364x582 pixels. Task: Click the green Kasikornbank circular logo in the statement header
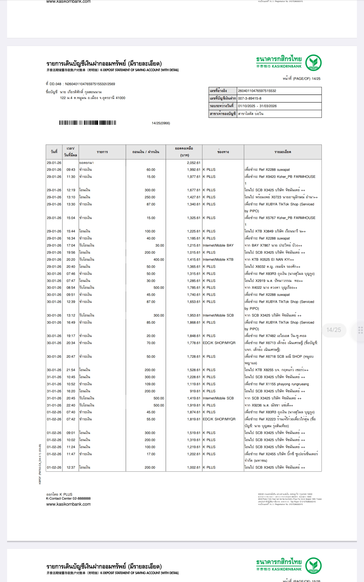[313, 63]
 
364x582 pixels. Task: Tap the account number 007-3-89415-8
[249, 98]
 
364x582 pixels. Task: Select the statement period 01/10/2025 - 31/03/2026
[257, 106]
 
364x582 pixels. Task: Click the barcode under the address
[87, 123]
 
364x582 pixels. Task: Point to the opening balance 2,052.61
[193, 163]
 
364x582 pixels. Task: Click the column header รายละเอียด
[283, 152]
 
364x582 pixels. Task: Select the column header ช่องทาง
[223, 152]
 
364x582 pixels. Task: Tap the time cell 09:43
[71, 170]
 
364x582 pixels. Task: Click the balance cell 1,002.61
[193, 468]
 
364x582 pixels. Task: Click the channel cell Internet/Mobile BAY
[218, 246]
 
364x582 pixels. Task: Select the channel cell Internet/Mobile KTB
[218, 260]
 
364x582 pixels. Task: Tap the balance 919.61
[195, 391]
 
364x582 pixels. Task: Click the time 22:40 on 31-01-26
[71, 405]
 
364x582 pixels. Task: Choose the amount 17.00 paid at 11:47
[151, 454]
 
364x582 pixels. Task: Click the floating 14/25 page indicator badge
[333, 330]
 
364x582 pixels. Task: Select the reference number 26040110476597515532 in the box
[257, 91]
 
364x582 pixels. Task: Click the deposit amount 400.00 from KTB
[158, 260]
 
